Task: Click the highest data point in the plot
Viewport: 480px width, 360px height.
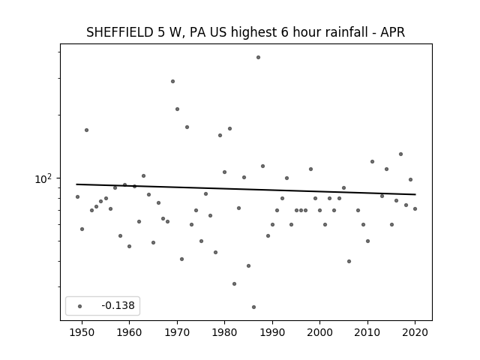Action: (x=258, y=58)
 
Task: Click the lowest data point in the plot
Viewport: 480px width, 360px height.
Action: (x=253, y=307)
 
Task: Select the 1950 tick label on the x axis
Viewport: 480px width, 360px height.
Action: (x=82, y=332)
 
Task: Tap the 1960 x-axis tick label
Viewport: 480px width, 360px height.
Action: (x=129, y=332)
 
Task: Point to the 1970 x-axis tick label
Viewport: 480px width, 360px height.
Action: (x=177, y=332)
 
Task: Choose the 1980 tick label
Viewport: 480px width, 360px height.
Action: (x=224, y=332)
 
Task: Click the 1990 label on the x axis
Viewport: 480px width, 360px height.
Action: (x=272, y=332)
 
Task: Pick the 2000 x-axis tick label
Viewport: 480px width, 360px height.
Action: (x=319, y=332)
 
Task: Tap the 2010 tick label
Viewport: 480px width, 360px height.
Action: (x=367, y=332)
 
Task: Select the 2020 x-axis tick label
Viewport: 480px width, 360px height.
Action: (x=415, y=332)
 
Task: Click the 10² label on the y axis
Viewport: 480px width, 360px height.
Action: (x=43, y=178)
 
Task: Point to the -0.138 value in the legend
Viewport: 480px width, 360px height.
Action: (x=118, y=305)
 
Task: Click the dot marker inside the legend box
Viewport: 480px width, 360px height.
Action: (x=80, y=306)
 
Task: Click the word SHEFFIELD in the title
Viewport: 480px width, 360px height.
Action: (x=120, y=32)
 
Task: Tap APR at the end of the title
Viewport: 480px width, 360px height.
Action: (x=393, y=32)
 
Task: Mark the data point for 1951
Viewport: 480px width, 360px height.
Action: (x=87, y=130)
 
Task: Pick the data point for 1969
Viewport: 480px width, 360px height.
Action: (x=172, y=82)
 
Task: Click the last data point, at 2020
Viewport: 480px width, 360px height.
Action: (x=415, y=208)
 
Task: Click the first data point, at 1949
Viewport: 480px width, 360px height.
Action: (x=77, y=196)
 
